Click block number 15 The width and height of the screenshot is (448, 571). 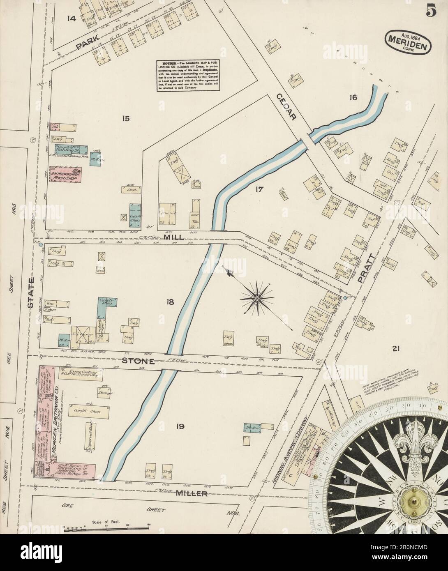point(125,119)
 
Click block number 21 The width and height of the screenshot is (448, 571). point(396,349)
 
